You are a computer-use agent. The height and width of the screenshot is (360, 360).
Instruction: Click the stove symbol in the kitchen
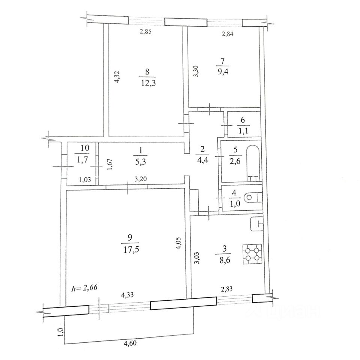pos(252,254)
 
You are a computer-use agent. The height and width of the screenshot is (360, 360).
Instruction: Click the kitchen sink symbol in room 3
pos(256,223)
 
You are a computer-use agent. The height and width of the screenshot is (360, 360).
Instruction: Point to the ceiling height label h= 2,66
pos(84,288)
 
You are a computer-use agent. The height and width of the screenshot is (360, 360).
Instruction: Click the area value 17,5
pos(131,250)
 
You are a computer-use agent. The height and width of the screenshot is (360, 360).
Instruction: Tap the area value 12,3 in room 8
pos(148,82)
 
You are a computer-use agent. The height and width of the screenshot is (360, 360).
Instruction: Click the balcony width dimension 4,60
pos(130,343)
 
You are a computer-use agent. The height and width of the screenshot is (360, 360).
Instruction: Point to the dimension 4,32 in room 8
pos(117,77)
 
